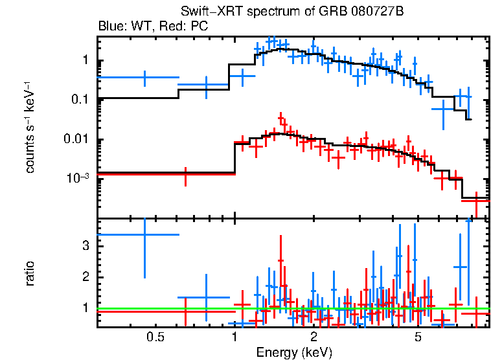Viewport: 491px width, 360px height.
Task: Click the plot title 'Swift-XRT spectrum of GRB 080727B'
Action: coord(294,13)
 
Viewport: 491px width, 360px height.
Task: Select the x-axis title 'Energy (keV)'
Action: coord(294,352)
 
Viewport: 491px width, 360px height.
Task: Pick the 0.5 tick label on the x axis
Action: coord(154,337)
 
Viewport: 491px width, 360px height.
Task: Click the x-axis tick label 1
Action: coord(234,337)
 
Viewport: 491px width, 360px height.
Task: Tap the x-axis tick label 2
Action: coord(314,337)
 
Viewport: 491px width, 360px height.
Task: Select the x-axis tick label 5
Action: coord(418,337)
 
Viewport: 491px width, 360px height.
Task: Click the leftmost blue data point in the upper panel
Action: coord(144,77)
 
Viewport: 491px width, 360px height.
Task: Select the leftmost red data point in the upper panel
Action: coord(186,175)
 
